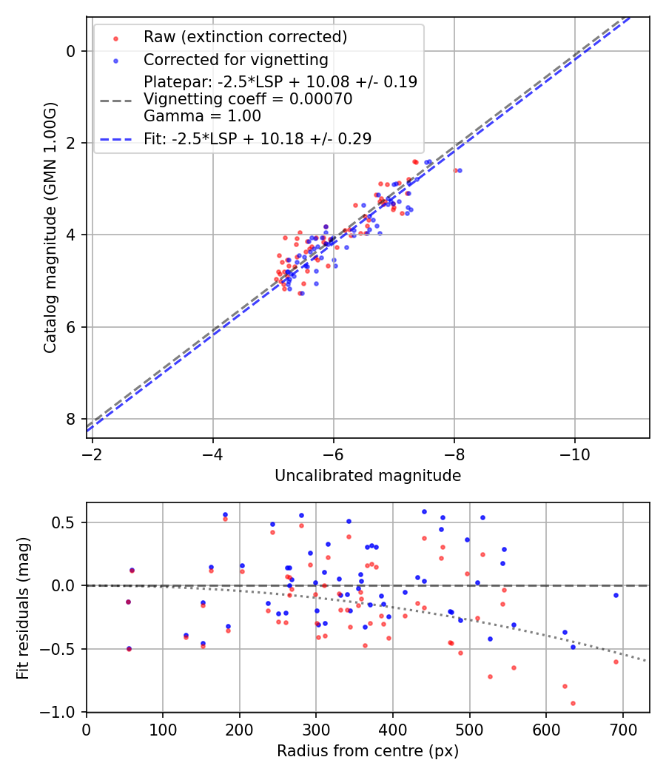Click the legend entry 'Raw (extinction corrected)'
[x=245, y=37]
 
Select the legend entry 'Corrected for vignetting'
[x=235, y=59]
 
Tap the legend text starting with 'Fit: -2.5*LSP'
[x=258, y=138]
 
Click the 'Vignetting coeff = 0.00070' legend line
[x=248, y=99]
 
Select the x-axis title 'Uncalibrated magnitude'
[x=368, y=476]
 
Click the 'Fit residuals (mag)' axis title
[x=23, y=608]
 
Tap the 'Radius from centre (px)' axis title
[x=368, y=751]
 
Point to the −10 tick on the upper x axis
[x=574, y=454]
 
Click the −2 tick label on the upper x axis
[x=92, y=454]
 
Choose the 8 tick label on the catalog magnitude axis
[x=71, y=419]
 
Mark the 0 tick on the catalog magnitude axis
[x=71, y=51]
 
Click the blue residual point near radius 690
[x=616, y=595]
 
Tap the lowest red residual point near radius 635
[x=573, y=703]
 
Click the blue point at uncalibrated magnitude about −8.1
[x=460, y=170]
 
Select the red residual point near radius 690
[x=616, y=662]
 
